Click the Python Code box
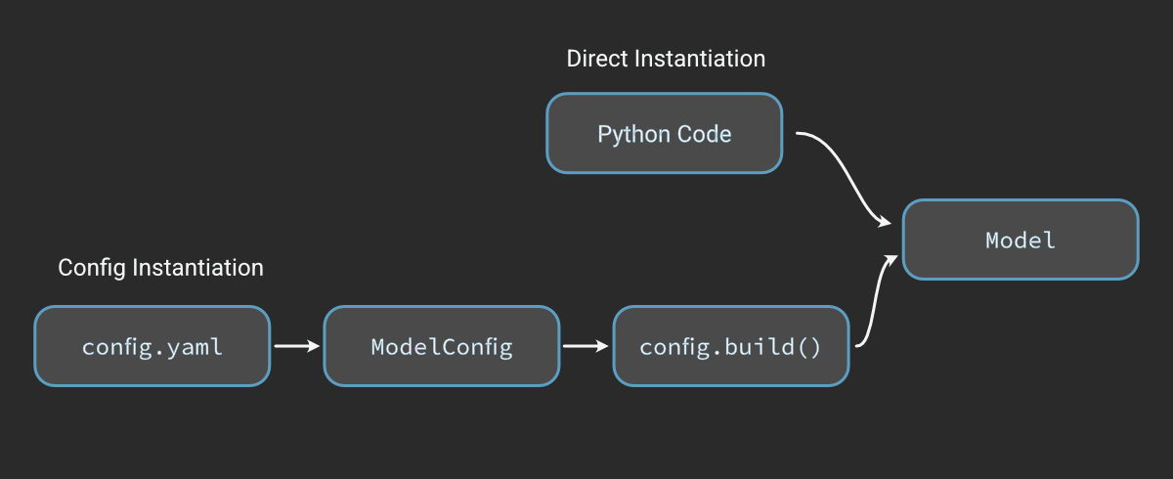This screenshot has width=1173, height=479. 664,134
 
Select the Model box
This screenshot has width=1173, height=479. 1020,239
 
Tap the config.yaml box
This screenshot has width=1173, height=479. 152,346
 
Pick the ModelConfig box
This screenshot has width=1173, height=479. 441,346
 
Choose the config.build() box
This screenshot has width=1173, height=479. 730,346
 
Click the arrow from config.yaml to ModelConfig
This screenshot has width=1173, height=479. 295,346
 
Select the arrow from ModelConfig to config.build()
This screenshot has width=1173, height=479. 585,346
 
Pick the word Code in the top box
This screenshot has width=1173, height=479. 706,134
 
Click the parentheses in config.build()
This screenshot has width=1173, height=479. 809,347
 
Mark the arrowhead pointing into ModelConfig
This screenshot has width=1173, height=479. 314,346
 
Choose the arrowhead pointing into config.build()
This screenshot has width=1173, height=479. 603,346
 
